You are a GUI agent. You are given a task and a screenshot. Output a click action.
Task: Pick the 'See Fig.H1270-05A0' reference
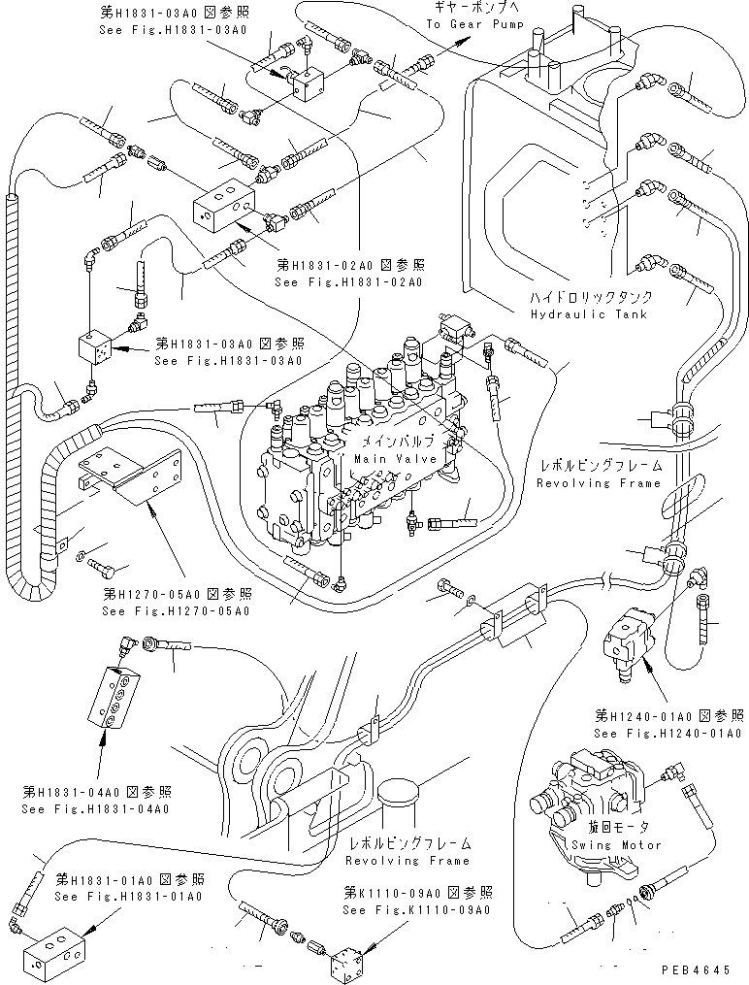click(x=178, y=611)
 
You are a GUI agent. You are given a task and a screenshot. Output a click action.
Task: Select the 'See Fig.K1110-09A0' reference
click(x=416, y=909)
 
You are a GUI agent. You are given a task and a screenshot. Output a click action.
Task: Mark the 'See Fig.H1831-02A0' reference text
click(x=348, y=282)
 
